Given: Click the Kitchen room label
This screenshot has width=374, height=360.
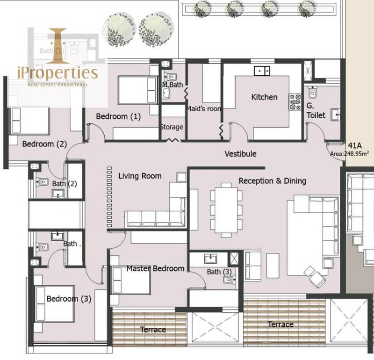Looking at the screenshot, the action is pyautogui.click(x=264, y=97).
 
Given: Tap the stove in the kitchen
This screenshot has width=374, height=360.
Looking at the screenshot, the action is pyautogui.click(x=295, y=102).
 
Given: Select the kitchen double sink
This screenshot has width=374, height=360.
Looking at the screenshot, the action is pyautogui.click(x=262, y=71).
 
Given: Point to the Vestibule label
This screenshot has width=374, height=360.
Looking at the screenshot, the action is pyautogui.click(x=240, y=154).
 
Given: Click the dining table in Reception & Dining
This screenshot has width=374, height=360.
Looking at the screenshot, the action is pyautogui.click(x=226, y=210).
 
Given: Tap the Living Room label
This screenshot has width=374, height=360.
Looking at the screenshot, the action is pyautogui.click(x=140, y=176).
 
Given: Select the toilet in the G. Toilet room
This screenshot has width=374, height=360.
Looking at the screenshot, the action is pyautogui.click(x=312, y=92).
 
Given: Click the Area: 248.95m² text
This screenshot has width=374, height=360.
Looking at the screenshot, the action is pyautogui.click(x=349, y=154).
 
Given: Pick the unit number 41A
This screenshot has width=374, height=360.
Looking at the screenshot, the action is pyautogui.click(x=355, y=145).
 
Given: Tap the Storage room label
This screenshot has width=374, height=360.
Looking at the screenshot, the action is pyautogui.click(x=172, y=127).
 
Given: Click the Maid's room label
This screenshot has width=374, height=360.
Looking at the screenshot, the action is pyautogui.click(x=204, y=109).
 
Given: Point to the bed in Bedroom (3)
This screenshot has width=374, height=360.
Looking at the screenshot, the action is pyautogui.click(x=55, y=304).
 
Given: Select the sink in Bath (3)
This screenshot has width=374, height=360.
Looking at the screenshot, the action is pyautogui.click(x=211, y=259).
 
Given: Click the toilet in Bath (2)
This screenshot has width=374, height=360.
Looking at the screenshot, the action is pyautogui.click(x=42, y=182).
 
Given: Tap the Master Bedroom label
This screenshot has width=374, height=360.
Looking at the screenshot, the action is pyautogui.click(x=155, y=269).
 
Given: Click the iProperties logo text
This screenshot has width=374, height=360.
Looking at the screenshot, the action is pyautogui.click(x=58, y=73).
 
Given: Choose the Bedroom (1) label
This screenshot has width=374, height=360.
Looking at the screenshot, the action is pyautogui.click(x=118, y=116).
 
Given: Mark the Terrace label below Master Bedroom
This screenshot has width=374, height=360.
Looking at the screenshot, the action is pyautogui.click(x=153, y=330).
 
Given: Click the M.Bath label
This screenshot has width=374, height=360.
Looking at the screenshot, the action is pyautogui.click(x=173, y=85).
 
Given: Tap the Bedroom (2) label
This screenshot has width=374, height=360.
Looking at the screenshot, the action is pyautogui.click(x=44, y=144).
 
